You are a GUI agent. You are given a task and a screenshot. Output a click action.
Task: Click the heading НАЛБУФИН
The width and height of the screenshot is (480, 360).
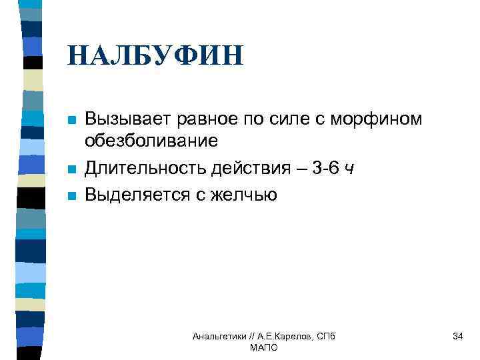pyautogui.click(x=155, y=55)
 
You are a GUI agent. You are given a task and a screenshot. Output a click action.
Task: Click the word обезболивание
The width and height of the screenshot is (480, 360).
pyautogui.click(x=151, y=141)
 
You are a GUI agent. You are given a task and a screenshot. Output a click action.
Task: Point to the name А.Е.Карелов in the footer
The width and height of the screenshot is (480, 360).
pyautogui.click(x=283, y=337)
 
